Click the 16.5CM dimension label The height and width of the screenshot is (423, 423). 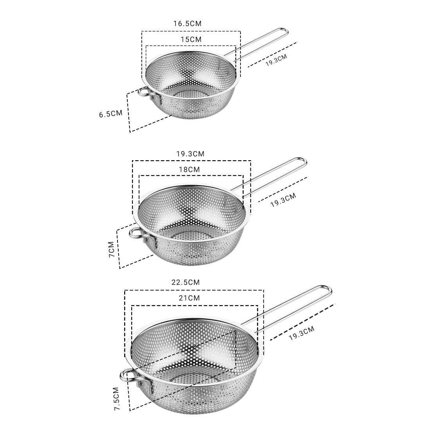187,23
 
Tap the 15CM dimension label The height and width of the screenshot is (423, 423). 191,40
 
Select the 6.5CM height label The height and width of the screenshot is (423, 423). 110,114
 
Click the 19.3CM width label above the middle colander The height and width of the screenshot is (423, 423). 190,154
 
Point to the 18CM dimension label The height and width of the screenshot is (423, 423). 189,170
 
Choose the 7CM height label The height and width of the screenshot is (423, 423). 112,249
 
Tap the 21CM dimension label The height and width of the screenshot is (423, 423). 189,298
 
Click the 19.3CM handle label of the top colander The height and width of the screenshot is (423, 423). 276,60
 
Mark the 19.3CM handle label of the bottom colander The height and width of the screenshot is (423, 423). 302,334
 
